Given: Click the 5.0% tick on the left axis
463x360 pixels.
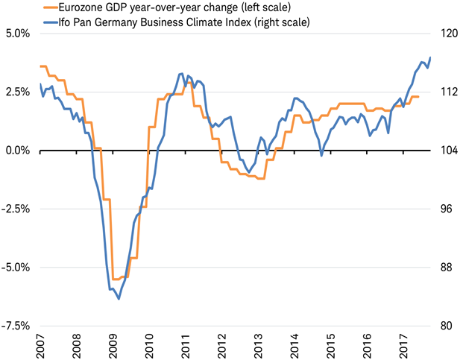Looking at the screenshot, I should (x=16, y=34).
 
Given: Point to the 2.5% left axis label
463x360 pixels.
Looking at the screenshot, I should (x=16, y=92).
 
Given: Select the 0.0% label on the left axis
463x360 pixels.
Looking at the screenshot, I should (x=16, y=151).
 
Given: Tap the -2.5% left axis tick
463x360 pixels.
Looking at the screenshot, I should (x=15, y=209).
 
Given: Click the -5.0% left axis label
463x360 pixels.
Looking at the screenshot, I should (x=15, y=267).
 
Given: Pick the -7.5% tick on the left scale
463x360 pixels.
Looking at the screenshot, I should (x=15, y=326).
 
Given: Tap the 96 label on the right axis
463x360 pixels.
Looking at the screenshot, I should (x=445, y=209).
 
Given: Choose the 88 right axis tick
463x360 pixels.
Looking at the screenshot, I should (x=445, y=267).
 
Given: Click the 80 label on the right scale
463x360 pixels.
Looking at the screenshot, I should (x=445, y=326).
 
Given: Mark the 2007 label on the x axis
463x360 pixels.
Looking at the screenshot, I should (x=41, y=344).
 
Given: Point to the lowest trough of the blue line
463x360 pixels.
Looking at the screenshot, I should (x=119, y=299).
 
